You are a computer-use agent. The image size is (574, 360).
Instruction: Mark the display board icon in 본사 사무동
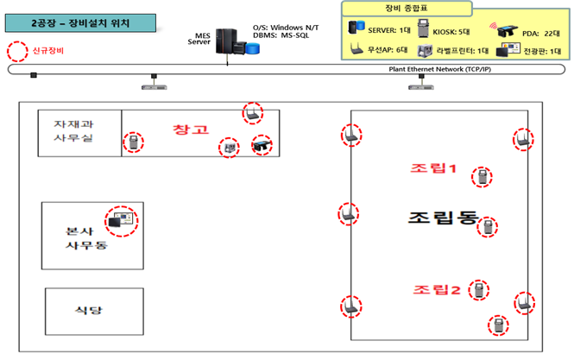[x=120, y=222]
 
